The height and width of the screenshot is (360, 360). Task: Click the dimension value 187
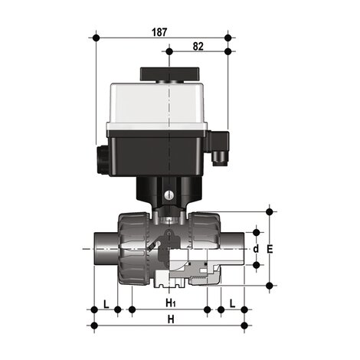tap(159, 32)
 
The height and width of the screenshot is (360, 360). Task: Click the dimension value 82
tap(198, 47)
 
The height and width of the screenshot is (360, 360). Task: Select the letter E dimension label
tap(280, 249)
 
